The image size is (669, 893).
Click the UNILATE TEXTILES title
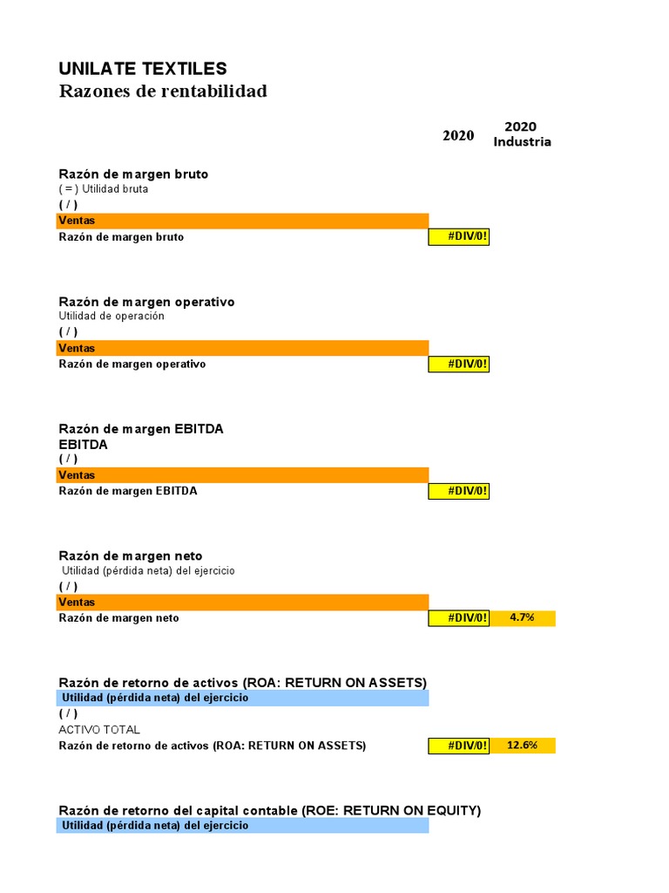(x=143, y=69)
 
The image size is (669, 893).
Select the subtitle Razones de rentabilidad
(x=163, y=92)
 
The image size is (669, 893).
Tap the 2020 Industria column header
(x=522, y=134)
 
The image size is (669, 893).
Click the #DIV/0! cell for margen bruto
(x=459, y=237)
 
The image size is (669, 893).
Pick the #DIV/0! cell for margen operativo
(x=459, y=364)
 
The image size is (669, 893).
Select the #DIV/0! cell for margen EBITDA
(x=459, y=491)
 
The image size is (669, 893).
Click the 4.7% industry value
(x=523, y=618)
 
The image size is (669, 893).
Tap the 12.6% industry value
(x=523, y=746)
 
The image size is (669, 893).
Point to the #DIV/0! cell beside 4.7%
(x=459, y=618)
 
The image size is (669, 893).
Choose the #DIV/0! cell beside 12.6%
(x=459, y=746)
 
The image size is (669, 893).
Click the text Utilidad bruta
(x=115, y=189)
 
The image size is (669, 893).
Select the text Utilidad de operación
(x=111, y=317)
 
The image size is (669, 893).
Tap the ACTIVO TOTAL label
(x=99, y=730)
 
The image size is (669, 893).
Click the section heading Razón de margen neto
(x=131, y=556)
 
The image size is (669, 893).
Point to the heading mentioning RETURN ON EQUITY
(x=269, y=810)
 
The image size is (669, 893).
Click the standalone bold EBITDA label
(x=84, y=444)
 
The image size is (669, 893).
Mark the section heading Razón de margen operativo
(x=146, y=302)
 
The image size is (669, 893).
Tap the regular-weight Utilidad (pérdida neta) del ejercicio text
(x=148, y=570)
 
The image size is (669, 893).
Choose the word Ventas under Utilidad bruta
(x=78, y=221)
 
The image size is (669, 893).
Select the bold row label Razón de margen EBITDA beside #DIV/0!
(x=128, y=491)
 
